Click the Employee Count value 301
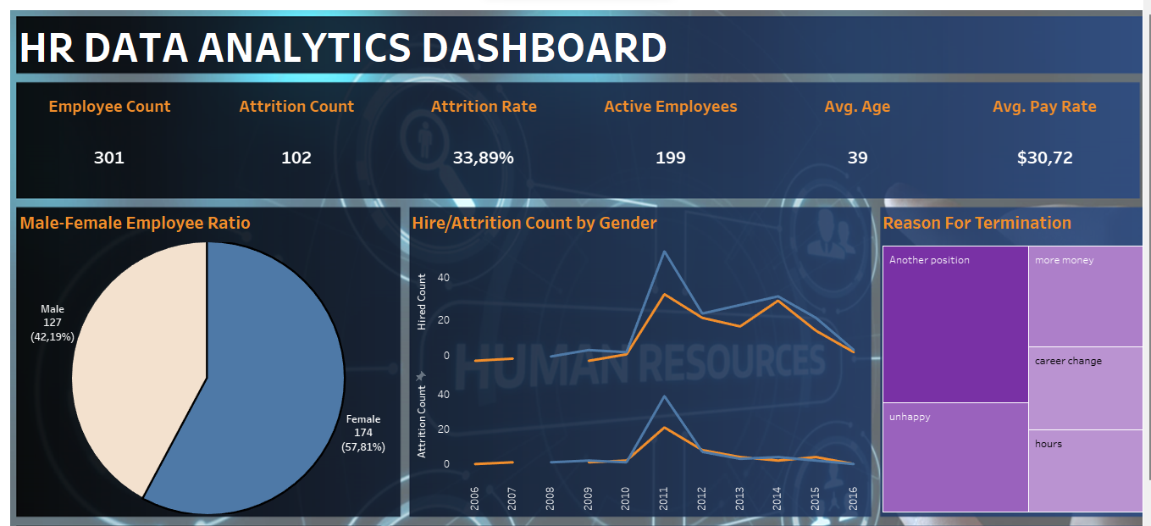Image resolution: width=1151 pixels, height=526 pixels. (108, 158)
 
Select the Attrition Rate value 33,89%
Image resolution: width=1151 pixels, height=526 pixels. (483, 158)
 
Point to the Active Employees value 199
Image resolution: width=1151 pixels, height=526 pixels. (670, 158)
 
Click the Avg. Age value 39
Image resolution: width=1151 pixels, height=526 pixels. (857, 158)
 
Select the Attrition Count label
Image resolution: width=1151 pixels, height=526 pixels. (296, 107)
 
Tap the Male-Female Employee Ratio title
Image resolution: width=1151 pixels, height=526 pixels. (135, 223)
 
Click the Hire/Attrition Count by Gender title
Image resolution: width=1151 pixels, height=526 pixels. (534, 223)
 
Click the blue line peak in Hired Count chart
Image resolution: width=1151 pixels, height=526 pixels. (664, 252)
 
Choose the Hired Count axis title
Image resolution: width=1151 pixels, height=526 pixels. (422, 302)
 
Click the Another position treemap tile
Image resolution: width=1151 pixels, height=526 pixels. (955, 324)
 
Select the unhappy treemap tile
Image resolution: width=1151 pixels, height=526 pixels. (955, 457)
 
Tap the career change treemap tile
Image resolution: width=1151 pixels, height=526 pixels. (1085, 388)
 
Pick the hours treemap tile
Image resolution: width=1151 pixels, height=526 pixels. (1085, 470)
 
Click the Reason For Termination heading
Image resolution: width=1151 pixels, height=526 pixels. (977, 223)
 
